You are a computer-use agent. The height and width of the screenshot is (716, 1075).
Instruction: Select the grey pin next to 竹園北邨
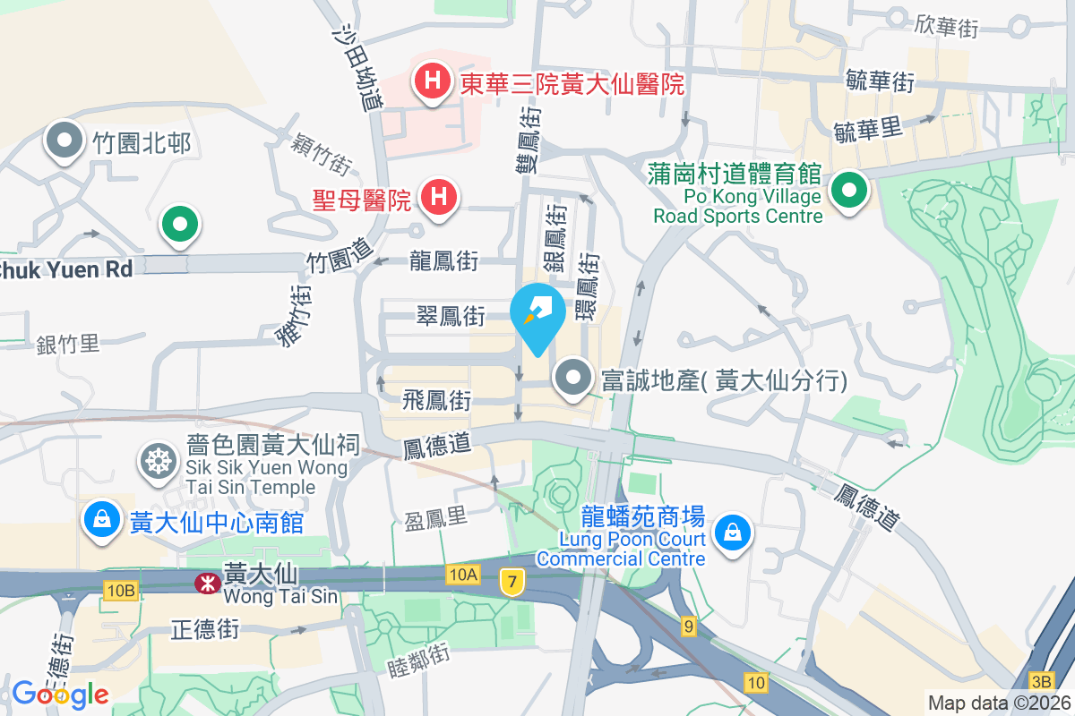(65, 142)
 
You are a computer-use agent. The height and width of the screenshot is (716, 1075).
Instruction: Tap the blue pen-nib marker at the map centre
(537, 316)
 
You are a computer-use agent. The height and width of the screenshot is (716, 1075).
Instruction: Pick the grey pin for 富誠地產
(573, 379)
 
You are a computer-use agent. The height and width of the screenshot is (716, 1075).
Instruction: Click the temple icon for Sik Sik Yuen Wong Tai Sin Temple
(159, 462)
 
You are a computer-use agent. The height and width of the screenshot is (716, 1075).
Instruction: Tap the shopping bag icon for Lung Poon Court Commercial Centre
(733, 533)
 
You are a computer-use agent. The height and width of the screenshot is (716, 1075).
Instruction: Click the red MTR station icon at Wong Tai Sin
(207, 584)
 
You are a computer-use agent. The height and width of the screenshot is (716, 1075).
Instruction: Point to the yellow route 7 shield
(512, 582)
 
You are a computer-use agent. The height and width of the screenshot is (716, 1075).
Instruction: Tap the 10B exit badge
(120, 590)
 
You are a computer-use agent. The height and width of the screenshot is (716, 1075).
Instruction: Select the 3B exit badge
(1042, 679)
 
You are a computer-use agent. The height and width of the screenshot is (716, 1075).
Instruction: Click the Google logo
(60, 694)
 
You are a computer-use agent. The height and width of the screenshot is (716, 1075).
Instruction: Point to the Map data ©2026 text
(998, 703)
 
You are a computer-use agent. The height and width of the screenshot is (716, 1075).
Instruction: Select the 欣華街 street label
(946, 26)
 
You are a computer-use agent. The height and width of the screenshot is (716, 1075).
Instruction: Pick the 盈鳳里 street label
(436, 519)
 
